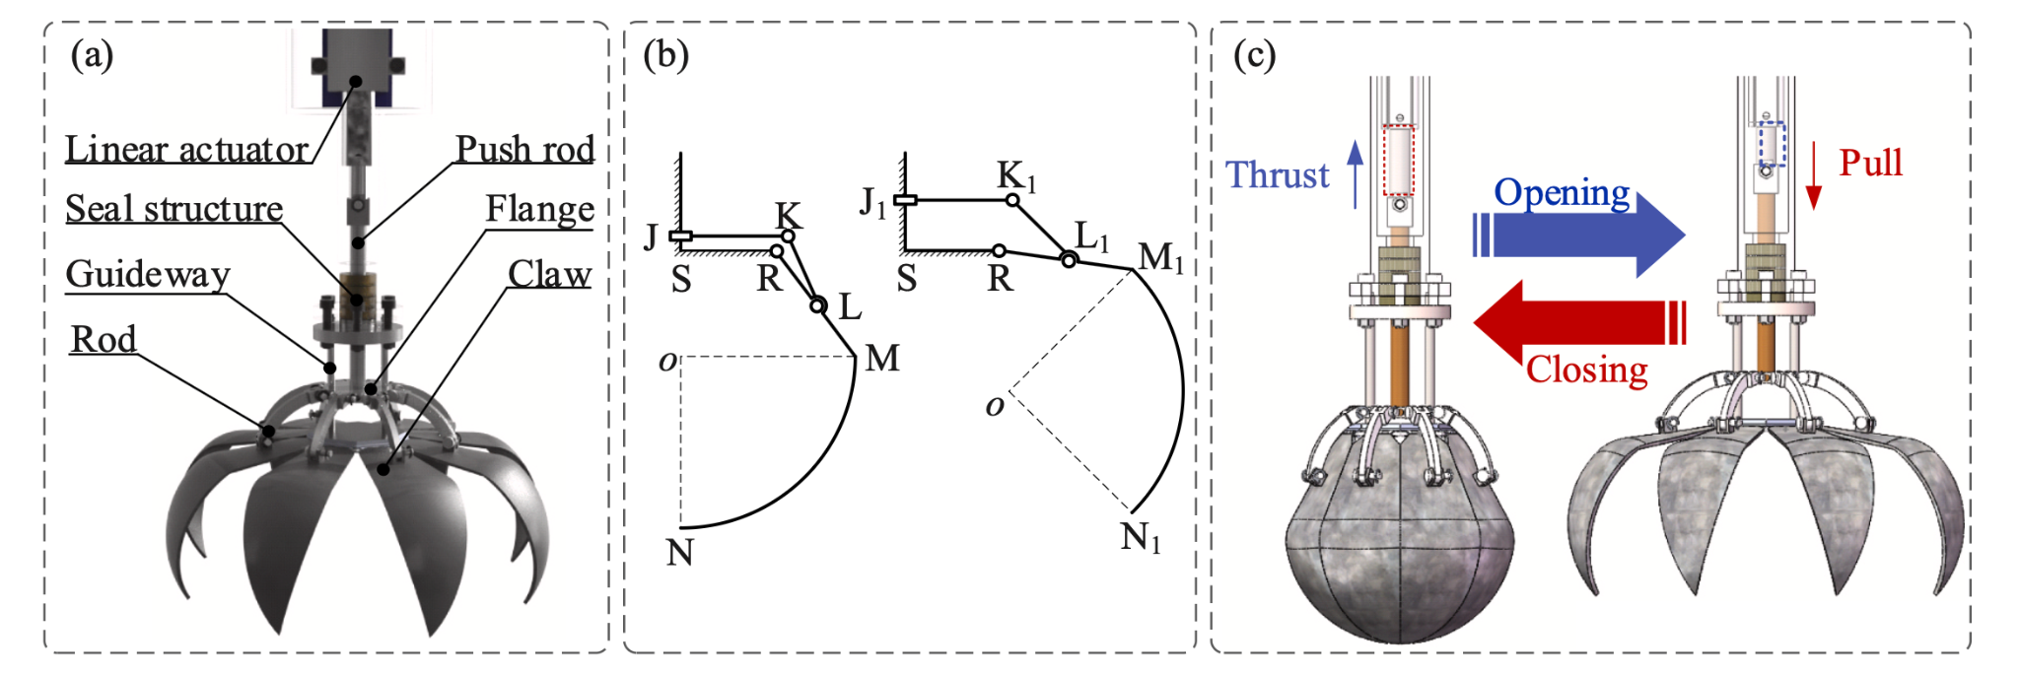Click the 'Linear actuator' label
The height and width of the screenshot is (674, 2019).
[x=187, y=150]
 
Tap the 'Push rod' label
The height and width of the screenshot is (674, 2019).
[x=524, y=150]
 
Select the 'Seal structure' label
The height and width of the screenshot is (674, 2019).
[x=174, y=209]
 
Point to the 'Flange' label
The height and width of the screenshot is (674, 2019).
[x=539, y=209]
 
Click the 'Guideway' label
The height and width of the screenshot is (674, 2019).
[x=148, y=274]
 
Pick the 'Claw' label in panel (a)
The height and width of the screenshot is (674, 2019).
[x=549, y=274]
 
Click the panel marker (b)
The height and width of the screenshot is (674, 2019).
[x=665, y=55]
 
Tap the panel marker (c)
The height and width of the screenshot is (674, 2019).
[x=1254, y=55]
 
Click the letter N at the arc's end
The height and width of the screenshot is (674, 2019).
[x=679, y=553]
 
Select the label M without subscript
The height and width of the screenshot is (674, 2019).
[x=882, y=359]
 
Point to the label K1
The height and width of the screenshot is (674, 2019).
[x=1016, y=176]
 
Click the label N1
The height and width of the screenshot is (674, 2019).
[x=1141, y=538]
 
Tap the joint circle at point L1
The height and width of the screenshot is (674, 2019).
[x=1069, y=260]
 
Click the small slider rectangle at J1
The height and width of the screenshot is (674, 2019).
[x=905, y=201]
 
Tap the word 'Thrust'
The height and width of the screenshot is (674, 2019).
[x=1277, y=175]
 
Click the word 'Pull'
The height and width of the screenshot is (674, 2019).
[x=1870, y=163]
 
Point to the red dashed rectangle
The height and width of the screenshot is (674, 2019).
[x=1398, y=160]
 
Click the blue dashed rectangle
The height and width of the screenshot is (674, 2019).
[x=1772, y=144]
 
